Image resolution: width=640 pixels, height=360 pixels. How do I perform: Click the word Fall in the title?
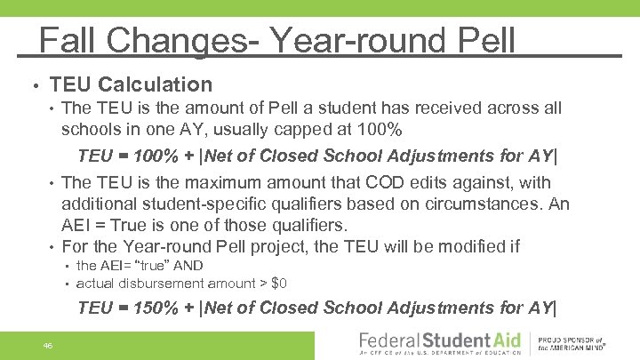[x=71, y=40]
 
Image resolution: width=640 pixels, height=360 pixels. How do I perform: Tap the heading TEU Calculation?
[x=132, y=85]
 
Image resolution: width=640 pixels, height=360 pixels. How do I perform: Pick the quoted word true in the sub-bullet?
[x=155, y=266]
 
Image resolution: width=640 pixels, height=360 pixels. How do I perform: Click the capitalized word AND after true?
[x=188, y=266]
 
